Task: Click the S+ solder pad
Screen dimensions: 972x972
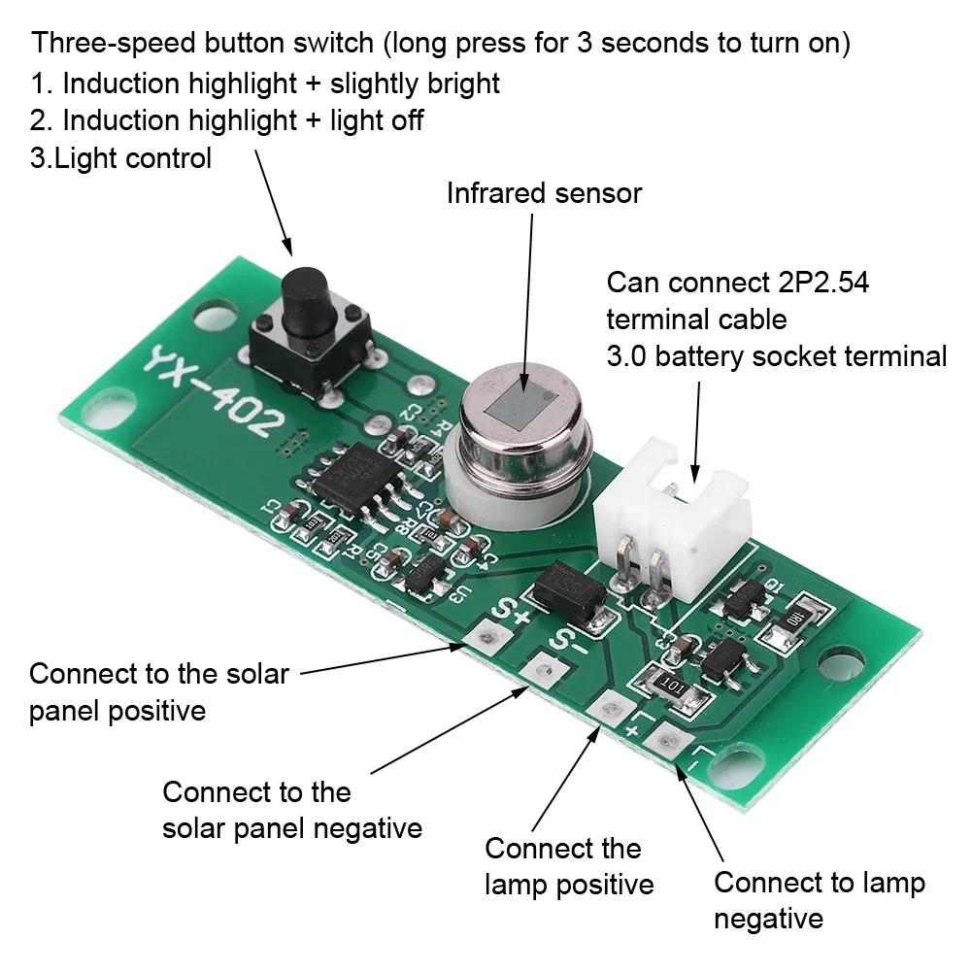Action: tap(485, 638)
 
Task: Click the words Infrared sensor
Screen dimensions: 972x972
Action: tap(544, 193)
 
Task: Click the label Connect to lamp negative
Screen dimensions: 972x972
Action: tap(819, 900)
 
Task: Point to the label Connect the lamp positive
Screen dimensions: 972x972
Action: tap(568, 866)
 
